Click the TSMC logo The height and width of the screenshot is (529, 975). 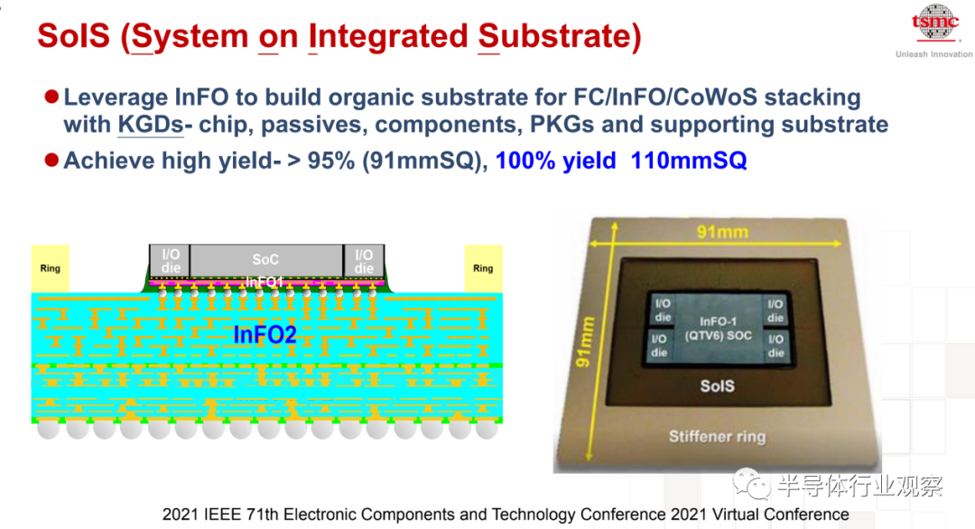tap(934, 23)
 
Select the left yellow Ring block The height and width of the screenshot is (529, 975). tap(51, 268)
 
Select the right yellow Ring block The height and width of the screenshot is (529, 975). tap(483, 268)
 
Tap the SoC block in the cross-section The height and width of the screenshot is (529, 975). tap(266, 260)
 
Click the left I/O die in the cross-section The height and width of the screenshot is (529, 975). tap(170, 261)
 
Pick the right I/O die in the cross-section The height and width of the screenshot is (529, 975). tap(364, 261)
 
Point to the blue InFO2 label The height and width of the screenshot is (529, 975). tap(265, 335)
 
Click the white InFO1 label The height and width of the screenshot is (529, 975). tap(265, 283)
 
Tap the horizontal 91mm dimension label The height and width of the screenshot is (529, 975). tap(722, 233)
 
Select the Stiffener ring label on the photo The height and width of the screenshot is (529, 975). tap(717, 436)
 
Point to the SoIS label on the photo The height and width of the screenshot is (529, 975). tap(717, 386)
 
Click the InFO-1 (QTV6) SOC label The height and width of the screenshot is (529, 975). tap(719, 329)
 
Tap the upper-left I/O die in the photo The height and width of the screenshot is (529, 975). tap(663, 311)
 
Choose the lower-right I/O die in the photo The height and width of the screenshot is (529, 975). tap(776, 346)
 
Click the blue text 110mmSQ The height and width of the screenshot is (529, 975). tap(688, 161)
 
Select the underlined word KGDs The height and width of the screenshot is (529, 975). tap(151, 125)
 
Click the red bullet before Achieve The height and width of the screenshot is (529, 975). tap(51, 161)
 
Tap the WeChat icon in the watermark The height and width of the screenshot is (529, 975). tap(752, 484)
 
